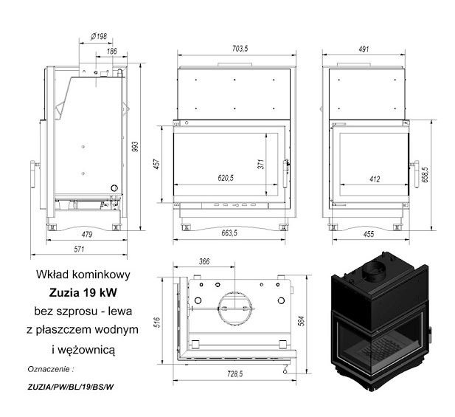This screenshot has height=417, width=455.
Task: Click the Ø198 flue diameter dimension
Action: pos(99,36)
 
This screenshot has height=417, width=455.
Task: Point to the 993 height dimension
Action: pos(135,147)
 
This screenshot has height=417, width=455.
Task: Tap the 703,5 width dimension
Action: pos(240,49)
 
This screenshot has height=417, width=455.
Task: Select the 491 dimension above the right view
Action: pos(364,49)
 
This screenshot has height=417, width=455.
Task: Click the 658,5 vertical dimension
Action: pos(425,174)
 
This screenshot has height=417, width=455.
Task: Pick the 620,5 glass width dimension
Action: pos(226,178)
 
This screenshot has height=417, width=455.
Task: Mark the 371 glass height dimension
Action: pos(261,164)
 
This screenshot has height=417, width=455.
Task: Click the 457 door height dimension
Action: pos(156,164)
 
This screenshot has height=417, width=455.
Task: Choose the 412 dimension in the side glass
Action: pos(375,179)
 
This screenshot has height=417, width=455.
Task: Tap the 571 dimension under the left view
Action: pos(79,249)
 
